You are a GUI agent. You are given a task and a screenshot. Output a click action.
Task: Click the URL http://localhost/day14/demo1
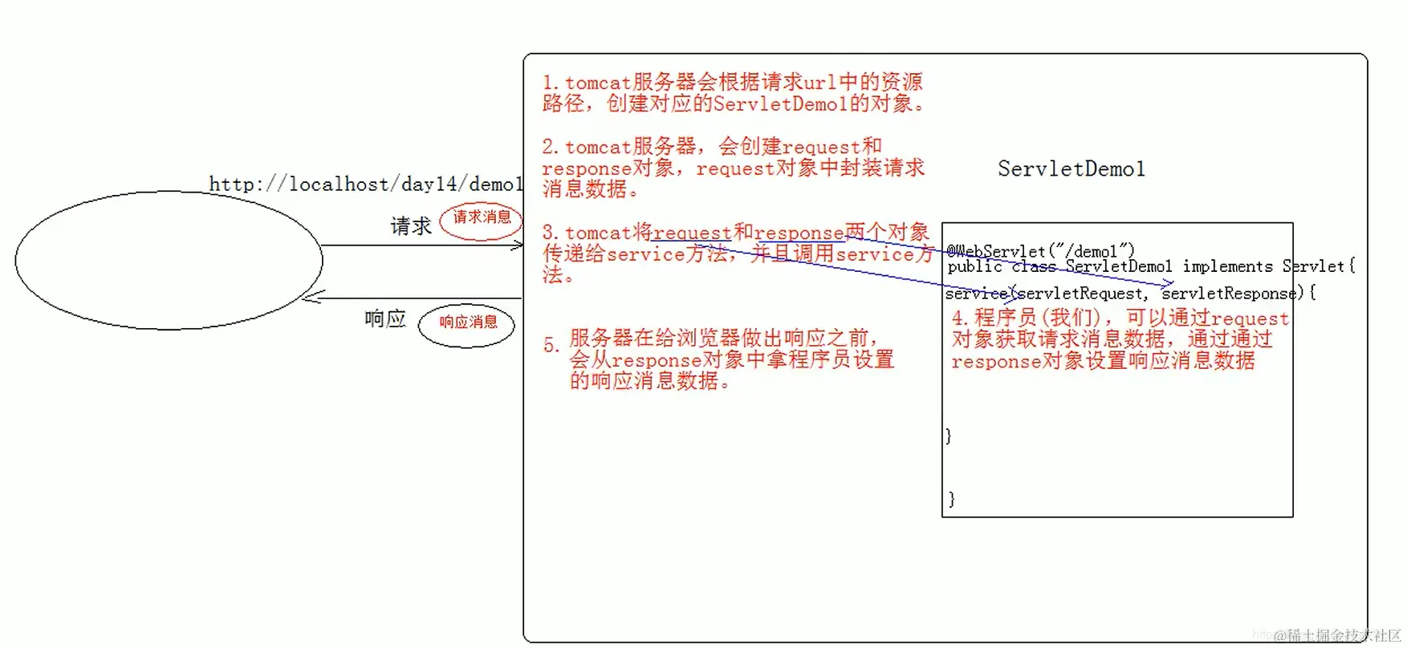pyautogui.click(x=366, y=184)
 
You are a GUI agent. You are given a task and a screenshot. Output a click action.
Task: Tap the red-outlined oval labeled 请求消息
pyautogui.click(x=482, y=220)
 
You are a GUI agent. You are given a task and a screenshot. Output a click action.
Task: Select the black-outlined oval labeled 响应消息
pyautogui.click(x=466, y=325)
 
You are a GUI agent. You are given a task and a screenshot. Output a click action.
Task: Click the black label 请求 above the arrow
pyautogui.click(x=411, y=226)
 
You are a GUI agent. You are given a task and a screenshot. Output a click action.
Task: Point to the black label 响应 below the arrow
pyautogui.click(x=385, y=319)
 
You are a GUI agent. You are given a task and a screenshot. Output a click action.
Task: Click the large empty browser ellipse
pyautogui.click(x=169, y=260)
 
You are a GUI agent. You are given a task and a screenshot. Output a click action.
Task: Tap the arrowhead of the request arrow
pyautogui.click(x=517, y=245)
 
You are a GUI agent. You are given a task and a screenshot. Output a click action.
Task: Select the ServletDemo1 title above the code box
pyautogui.click(x=1071, y=169)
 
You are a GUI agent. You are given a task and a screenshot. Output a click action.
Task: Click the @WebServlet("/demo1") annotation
pyautogui.click(x=1040, y=251)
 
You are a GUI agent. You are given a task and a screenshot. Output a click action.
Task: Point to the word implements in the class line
pyautogui.click(x=1227, y=266)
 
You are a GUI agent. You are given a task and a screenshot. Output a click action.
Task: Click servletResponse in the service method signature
pyautogui.click(x=1228, y=294)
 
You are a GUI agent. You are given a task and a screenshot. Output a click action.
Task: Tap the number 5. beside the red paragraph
pyautogui.click(x=551, y=346)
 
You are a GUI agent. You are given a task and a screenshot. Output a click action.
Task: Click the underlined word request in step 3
pyautogui.click(x=692, y=233)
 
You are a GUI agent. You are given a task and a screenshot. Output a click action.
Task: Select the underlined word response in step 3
pyautogui.click(x=799, y=233)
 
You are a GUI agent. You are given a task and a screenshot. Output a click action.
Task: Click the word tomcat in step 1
pyautogui.click(x=598, y=83)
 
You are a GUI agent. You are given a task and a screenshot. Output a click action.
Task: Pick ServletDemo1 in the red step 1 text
pyautogui.click(x=779, y=104)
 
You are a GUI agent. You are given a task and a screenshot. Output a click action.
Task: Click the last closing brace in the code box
pyautogui.click(x=951, y=499)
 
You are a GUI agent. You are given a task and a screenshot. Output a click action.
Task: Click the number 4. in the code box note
pyautogui.click(x=960, y=318)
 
